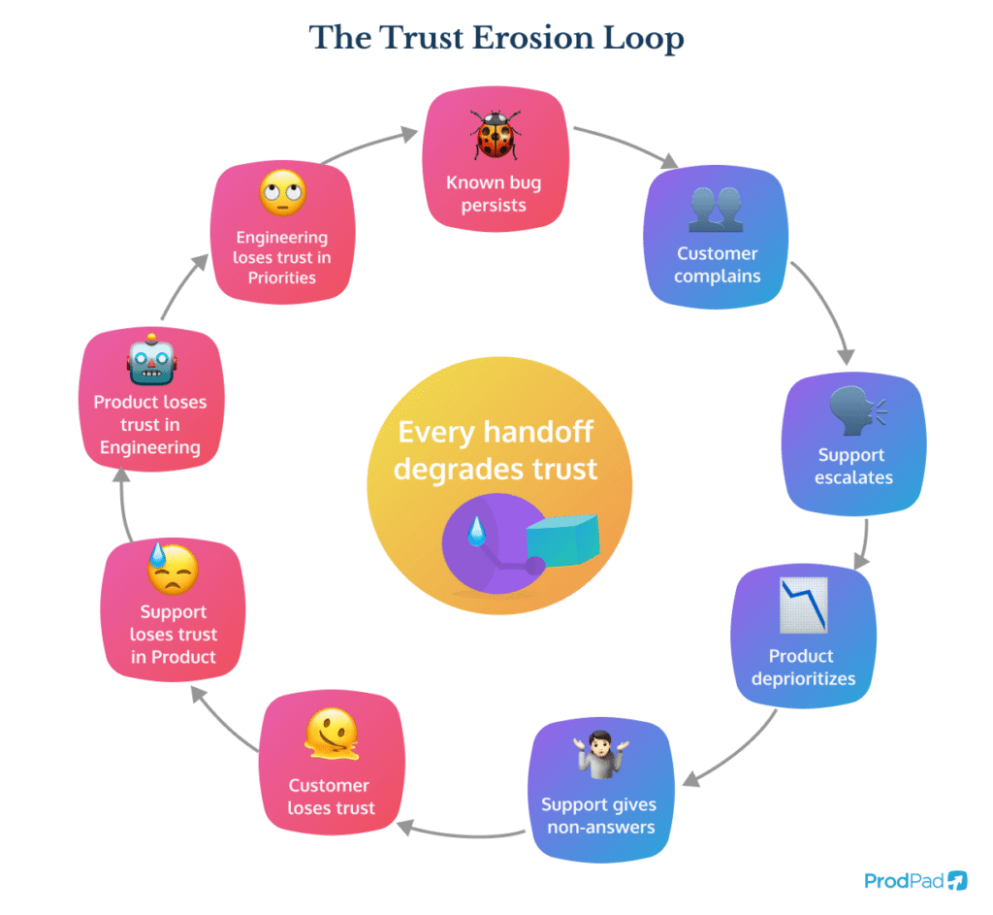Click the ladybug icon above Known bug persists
coord(496,134)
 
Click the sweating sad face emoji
coord(172,570)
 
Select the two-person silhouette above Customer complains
coord(716,209)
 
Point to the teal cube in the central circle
coord(562,540)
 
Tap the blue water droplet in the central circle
coord(475,531)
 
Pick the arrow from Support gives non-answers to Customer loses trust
coord(461,831)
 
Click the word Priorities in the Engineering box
coord(281,278)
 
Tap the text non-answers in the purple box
coord(600,827)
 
